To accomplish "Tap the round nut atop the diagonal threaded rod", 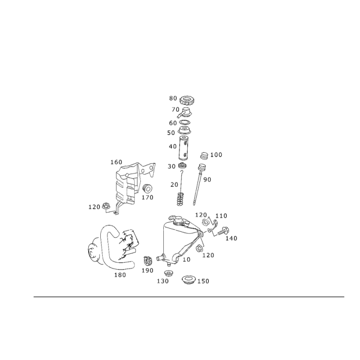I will coord(204,156).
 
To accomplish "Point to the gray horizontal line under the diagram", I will coord(189,297).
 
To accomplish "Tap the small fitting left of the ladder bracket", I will coord(108,207).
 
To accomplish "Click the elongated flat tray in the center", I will coord(180,223).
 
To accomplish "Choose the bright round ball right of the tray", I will coord(207,223).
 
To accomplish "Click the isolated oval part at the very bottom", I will coord(188,280).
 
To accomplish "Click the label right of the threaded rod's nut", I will coord(218,155).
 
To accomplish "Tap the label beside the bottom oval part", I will coord(202,282).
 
